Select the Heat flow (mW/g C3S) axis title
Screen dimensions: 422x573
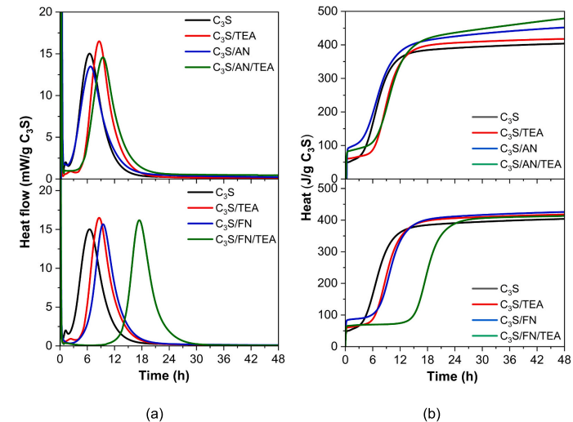pyautogui.click(x=21, y=180)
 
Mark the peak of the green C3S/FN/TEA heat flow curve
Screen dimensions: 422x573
pyautogui.click(x=140, y=220)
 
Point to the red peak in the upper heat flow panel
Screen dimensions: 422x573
pyautogui.click(x=99, y=41)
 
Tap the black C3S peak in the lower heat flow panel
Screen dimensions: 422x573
pyautogui.click(x=89, y=229)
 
